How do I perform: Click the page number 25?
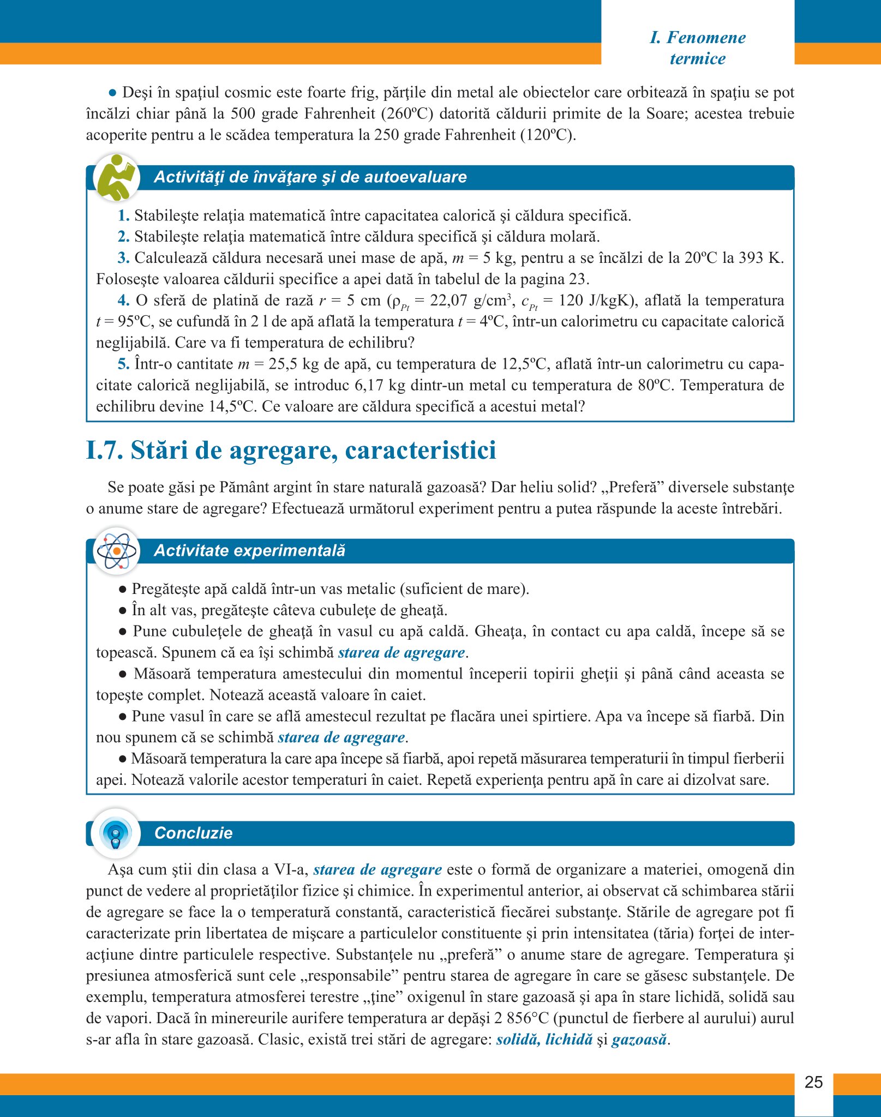[813, 1082]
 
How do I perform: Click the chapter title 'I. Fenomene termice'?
[698, 48]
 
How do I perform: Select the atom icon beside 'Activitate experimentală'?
[116, 551]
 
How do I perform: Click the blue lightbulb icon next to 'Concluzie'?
[116, 833]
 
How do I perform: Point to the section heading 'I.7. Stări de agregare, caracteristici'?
[291, 451]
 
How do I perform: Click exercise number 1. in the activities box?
[124, 215]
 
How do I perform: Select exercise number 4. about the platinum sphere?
[124, 301]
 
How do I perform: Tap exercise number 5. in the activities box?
[124, 364]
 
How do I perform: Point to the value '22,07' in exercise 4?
[448, 301]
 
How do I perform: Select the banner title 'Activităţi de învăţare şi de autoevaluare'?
[310, 177]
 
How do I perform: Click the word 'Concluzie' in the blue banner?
[193, 833]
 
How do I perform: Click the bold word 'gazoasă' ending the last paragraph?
[639, 1039]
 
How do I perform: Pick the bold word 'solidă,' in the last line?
[518, 1039]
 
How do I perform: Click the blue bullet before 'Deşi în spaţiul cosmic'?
[113, 92]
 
